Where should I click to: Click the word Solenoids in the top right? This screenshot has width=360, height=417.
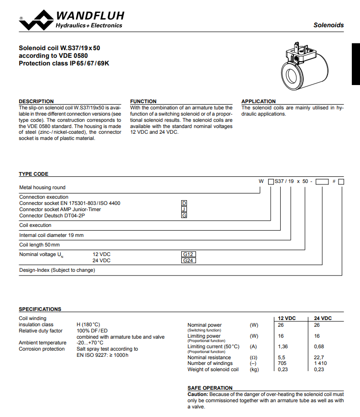pos(328,25)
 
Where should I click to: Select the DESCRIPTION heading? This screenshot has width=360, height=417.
pos(36,101)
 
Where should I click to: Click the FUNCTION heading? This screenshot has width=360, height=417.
pos(143,101)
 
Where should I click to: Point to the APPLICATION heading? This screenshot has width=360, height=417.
pos(258,101)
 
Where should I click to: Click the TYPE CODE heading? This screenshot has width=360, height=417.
pos(33,174)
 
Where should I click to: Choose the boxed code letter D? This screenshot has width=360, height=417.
pos(184,203)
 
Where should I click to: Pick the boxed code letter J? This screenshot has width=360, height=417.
pos(184,209)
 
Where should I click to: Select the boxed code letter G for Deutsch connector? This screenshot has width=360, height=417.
pos(184,215)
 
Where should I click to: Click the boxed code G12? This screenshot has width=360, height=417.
pos(188,255)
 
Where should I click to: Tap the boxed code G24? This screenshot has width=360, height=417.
pos(188,261)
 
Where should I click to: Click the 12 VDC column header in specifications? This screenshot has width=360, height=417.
pos(287,318)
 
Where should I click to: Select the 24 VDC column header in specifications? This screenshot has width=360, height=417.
pos(323,318)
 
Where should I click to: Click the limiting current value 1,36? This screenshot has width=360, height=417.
pos(283,347)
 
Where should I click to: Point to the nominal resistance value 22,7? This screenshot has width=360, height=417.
pos(319,357)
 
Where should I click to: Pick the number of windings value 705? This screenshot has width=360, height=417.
pos(282,364)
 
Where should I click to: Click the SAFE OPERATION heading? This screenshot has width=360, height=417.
pos(210,388)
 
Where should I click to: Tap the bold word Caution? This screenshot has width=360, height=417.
pos(197,394)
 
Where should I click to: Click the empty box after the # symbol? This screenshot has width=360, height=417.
pos(341,182)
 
